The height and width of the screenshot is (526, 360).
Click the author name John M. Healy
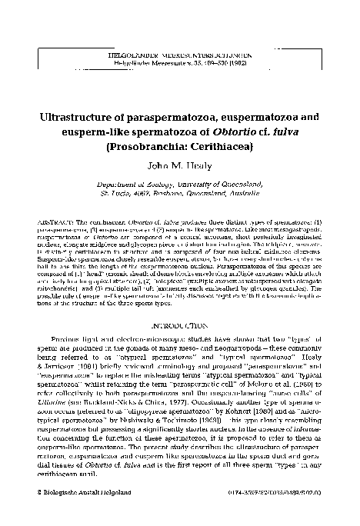(x=182, y=165)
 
